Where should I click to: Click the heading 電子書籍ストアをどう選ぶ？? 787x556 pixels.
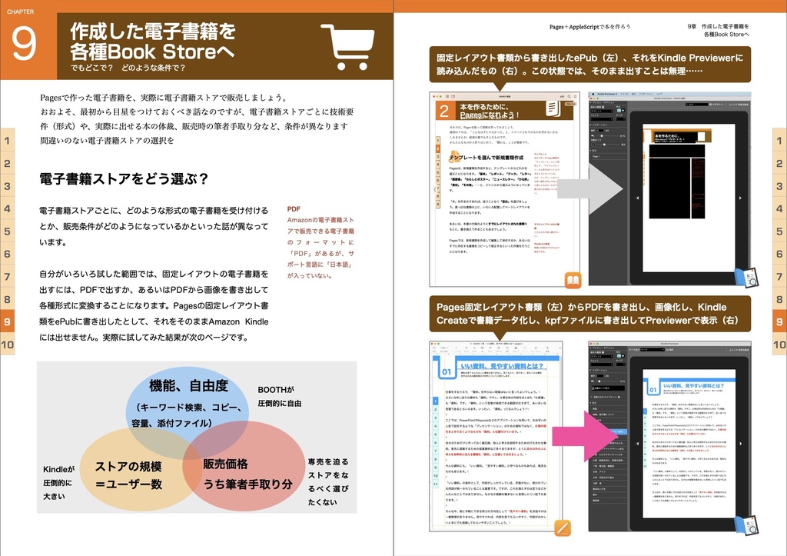(x=124, y=179)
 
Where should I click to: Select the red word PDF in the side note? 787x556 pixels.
(x=294, y=209)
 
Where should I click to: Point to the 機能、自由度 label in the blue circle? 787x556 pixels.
(x=188, y=386)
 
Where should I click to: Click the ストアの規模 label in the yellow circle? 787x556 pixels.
(x=128, y=466)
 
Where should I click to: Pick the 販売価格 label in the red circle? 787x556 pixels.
(x=225, y=464)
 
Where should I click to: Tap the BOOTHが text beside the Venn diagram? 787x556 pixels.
(x=276, y=389)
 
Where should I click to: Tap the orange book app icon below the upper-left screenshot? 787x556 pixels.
(x=573, y=280)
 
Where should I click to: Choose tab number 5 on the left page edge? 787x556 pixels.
(x=7, y=231)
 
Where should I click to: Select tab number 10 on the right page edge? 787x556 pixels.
(x=779, y=345)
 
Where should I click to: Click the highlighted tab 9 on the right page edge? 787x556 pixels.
(x=779, y=322)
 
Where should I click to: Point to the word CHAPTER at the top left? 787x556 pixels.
(x=20, y=6)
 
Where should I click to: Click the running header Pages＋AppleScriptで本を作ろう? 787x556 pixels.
(x=589, y=26)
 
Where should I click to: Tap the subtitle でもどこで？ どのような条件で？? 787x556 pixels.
(x=128, y=68)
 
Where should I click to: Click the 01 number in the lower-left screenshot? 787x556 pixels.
(x=447, y=373)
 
